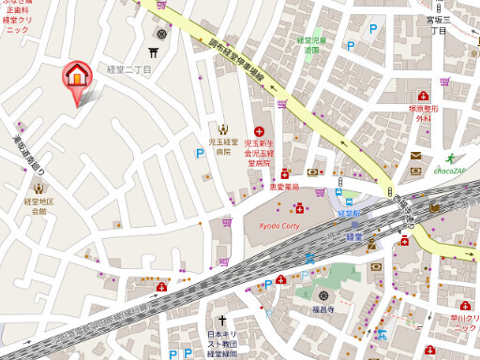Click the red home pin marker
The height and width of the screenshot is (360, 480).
click(x=76, y=76)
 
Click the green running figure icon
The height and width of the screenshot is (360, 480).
click(x=451, y=157)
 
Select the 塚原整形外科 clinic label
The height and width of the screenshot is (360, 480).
click(x=425, y=113)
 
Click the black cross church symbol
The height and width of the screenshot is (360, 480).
click(x=224, y=321)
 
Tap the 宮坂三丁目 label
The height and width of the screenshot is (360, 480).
click(x=439, y=24)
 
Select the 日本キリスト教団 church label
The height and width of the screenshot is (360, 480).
click(x=224, y=343)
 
